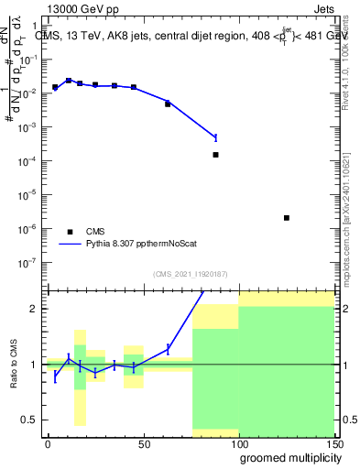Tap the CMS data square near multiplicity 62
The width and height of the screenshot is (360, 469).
168,104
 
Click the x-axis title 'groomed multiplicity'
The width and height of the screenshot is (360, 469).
287,456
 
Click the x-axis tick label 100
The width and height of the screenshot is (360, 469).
238,442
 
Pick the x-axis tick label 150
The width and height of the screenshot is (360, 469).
333,442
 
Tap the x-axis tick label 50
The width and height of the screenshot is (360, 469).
144,442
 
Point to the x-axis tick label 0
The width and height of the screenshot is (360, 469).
48,442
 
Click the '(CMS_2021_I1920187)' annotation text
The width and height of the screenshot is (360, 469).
190,274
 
